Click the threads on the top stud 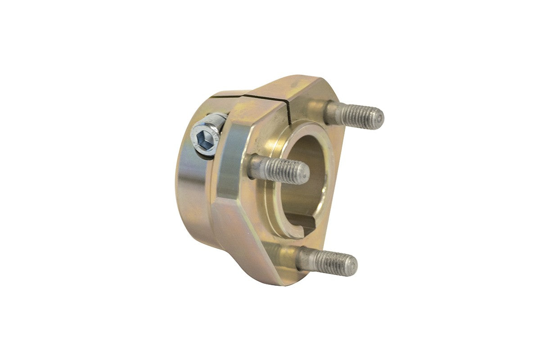coord(360,116)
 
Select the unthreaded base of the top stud coord(332,112)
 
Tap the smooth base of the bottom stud coord(307,259)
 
